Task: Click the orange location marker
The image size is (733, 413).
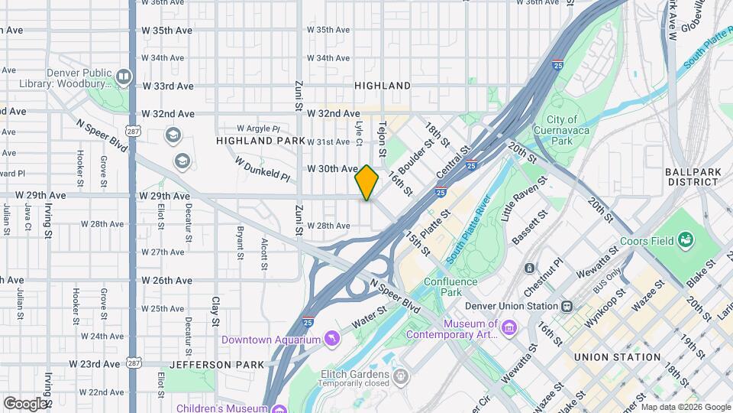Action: click(366, 183)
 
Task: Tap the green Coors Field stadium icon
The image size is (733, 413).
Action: click(686, 241)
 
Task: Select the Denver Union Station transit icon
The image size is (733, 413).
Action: click(567, 306)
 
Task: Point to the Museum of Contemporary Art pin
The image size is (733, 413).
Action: click(509, 329)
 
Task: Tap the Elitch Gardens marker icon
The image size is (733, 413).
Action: click(401, 376)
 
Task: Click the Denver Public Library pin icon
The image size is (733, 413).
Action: click(124, 77)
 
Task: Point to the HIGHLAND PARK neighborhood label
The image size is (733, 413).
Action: click(260, 141)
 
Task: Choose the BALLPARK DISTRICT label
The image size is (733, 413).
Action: click(692, 177)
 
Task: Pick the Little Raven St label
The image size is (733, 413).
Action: click(524, 199)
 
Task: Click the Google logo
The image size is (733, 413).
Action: click(25, 403)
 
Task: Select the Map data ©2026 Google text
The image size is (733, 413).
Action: click(685, 407)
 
